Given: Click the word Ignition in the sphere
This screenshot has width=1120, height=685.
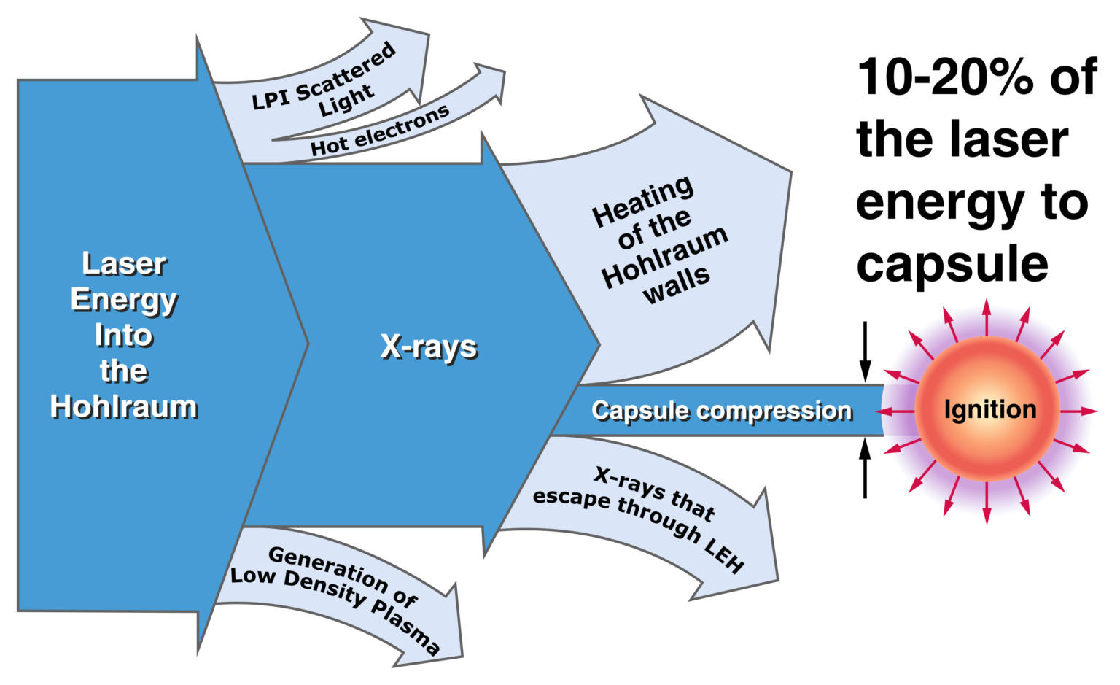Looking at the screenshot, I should point(989,410).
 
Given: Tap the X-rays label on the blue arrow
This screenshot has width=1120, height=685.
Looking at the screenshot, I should point(429,347).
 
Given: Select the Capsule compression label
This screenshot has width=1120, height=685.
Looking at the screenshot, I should point(721,411).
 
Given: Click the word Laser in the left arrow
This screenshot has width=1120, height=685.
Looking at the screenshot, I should point(124,264).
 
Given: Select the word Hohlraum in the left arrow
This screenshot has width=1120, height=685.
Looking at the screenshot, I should point(124,407).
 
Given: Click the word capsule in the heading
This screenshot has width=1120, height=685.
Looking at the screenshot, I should point(952,264).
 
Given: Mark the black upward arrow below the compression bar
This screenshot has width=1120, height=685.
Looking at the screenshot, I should point(865,467).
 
